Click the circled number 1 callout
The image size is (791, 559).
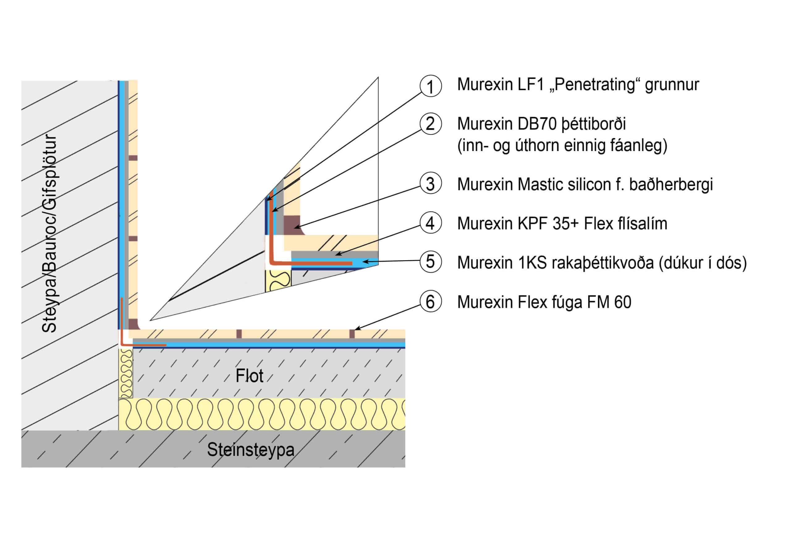pos(430,86)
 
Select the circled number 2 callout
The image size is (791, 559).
pos(430,124)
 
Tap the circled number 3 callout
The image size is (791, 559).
pos(430,183)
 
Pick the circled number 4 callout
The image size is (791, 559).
pos(430,223)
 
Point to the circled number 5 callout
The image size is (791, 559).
pos(430,261)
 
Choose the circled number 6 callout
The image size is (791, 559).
pos(430,302)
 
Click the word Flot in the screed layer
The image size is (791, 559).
pos(249,376)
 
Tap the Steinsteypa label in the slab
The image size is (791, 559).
pos(251,450)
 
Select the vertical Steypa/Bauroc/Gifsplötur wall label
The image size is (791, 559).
pos(49,234)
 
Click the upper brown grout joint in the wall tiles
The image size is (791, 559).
pos(133,158)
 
